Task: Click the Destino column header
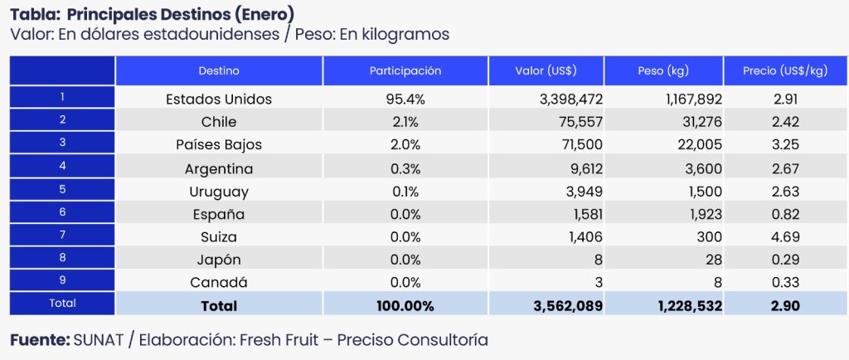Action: [219, 71]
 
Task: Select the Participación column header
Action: [405, 71]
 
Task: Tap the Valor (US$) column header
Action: [546, 71]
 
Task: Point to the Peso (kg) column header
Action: [663, 71]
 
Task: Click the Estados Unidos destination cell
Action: [219, 100]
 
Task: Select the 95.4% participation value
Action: [405, 100]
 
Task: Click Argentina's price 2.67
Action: [784, 169]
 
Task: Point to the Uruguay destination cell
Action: [219, 192]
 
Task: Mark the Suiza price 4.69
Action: [784, 237]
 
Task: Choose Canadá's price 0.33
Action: [784, 283]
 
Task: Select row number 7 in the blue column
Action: [62, 236]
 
